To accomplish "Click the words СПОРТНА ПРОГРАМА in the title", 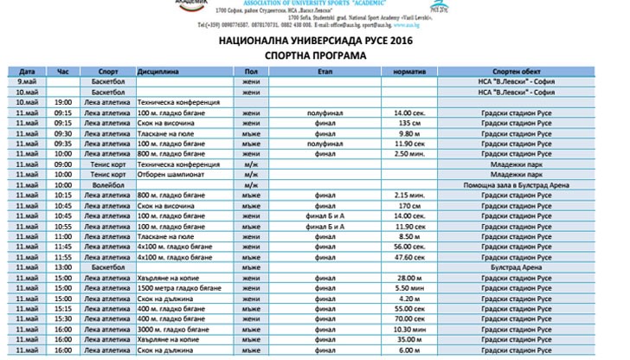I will click(x=315, y=54).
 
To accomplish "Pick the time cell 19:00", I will click(x=62, y=101).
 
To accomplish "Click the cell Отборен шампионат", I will click(x=172, y=174).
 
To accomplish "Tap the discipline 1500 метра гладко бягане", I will click(x=180, y=288).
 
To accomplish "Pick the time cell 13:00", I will click(x=62, y=267).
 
